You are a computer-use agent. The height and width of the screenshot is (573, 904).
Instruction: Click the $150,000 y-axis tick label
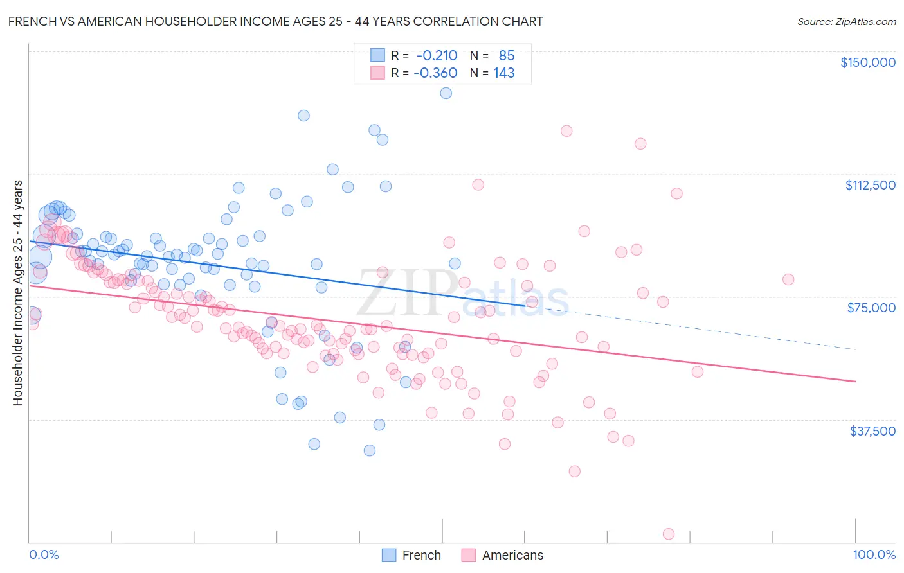tap(867, 62)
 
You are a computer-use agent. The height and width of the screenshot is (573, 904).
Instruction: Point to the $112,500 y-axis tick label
tap(870, 185)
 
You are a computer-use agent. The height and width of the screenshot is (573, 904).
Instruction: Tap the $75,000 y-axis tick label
tap(871, 308)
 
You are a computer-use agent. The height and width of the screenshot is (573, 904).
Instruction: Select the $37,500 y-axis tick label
tap(872, 431)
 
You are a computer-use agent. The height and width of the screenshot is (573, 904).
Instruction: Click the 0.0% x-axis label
tap(44, 554)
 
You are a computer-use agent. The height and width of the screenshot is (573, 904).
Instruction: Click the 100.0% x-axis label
tap(874, 554)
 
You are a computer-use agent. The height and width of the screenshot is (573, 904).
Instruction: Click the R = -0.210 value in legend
tap(424, 55)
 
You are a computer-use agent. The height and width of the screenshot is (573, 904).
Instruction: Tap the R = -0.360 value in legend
tap(424, 73)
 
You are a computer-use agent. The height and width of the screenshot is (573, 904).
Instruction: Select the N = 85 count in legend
tap(493, 55)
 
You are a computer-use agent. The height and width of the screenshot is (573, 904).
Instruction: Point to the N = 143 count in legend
tap(493, 73)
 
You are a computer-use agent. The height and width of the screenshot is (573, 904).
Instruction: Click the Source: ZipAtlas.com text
tap(846, 21)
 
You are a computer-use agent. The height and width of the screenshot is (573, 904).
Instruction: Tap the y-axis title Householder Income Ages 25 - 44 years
tap(17, 292)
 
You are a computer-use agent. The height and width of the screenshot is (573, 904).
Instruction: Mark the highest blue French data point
tap(446, 93)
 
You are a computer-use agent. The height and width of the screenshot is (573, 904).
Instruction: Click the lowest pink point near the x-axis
tap(669, 534)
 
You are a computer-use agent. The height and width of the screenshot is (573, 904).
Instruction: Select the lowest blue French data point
tap(369, 450)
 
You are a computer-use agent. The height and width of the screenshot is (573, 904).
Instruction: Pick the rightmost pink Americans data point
tap(788, 279)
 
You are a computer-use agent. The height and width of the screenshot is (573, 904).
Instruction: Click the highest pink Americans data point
tap(566, 131)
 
